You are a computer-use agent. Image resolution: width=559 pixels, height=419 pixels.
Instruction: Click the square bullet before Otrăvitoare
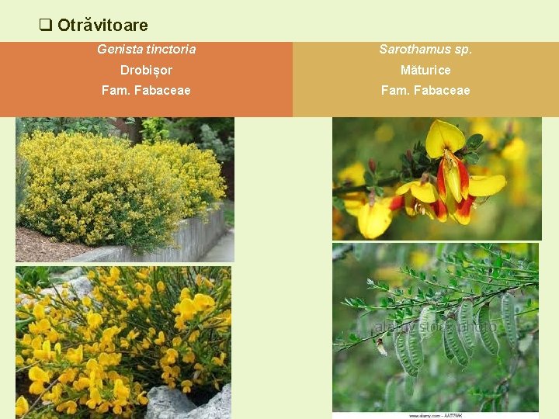click(x=46, y=25)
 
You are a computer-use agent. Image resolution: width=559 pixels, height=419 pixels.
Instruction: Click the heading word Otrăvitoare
click(x=102, y=26)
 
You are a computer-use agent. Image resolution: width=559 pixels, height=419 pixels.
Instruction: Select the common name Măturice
click(x=425, y=71)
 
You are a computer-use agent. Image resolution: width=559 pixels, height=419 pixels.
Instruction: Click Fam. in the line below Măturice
click(x=393, y=91)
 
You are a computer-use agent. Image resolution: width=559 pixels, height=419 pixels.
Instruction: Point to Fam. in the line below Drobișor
click(x=114, y=91)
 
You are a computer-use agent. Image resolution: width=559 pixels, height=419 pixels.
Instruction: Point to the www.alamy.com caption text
click(x=431, y=414)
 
